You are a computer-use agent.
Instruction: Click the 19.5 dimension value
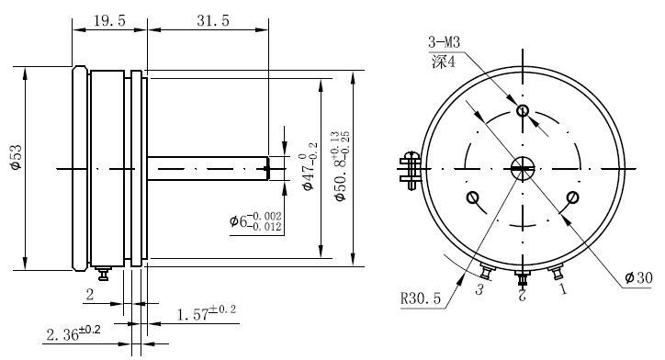[x=109, y=19]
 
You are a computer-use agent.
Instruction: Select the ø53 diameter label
[x=14, y=160]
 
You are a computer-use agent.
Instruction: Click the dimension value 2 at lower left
[x=89, y=294]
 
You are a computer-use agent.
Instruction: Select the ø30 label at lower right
[x=637, y=278]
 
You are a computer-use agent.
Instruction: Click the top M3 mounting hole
[x=523, y=111]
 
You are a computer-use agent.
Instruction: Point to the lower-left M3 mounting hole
[x=473, y=197]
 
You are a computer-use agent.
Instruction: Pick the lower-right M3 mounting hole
[x=572, y=197]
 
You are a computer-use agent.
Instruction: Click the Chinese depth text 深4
[x=442, y=62]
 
